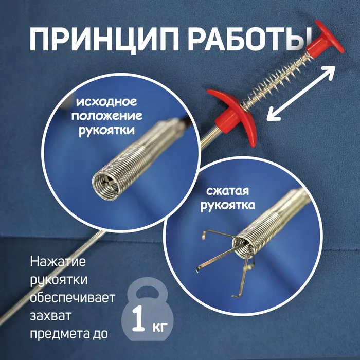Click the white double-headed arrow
coord(301,93)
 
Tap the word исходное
coord(106,101)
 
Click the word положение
coord(107,116)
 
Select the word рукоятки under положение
coord(107,130)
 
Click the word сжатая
coord(227,191)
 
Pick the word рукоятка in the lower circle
coord(228,205)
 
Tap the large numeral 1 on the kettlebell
coord(138,318)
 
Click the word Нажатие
coord(58,261)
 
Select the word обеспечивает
coord(73,298)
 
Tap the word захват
coord(51,316)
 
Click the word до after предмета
coord(100,334)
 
